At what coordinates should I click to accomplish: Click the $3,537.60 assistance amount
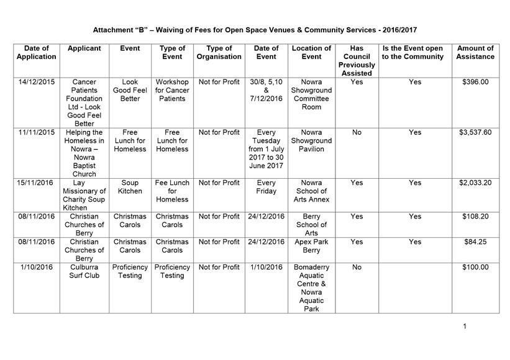click(475, 132)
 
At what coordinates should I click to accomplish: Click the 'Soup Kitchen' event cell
click(130, 187)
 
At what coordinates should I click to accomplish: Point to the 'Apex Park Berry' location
click(311, 246)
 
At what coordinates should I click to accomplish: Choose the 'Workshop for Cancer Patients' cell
click(172, 90)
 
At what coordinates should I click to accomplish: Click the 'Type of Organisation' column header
click(219, 52)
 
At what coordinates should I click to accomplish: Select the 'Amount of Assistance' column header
click(475, 52)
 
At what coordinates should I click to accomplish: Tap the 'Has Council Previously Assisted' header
click(357, 61)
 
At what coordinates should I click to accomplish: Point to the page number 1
click(464, 326)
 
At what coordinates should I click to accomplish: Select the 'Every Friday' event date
click(266, 187)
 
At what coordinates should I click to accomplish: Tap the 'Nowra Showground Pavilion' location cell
click(311, 140)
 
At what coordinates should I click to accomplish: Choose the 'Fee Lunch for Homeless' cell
click(172, 191)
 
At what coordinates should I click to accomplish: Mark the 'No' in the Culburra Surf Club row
click(357, 268)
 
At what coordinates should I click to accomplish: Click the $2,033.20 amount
click(475, 183)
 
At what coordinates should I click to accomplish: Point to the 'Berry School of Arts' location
click(311, 225)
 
